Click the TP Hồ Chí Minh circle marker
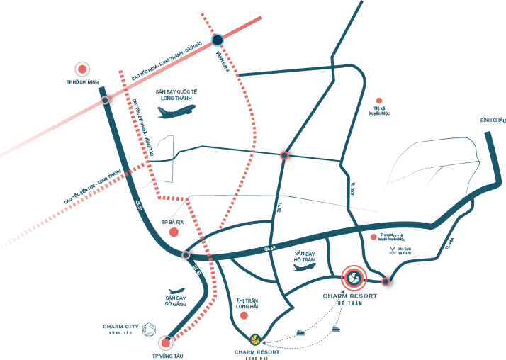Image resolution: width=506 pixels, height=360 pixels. pos(83,69)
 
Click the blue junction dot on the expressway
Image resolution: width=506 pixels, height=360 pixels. pos(217,40)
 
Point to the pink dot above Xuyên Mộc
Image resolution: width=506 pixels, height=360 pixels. pos(379,101)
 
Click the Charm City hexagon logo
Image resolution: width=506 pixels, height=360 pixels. pos(149,329)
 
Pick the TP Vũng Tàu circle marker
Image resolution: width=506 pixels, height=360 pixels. pos(166,344)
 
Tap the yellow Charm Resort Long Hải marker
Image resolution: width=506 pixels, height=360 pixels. pos(254,339)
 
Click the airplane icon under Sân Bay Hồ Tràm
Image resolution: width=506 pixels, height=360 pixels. pos(304,267)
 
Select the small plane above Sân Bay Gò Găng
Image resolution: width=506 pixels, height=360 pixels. pos(176,291)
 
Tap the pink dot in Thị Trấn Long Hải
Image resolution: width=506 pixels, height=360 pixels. pos(244,315)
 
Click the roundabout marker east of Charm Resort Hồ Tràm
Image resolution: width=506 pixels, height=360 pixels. pos(386,281)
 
